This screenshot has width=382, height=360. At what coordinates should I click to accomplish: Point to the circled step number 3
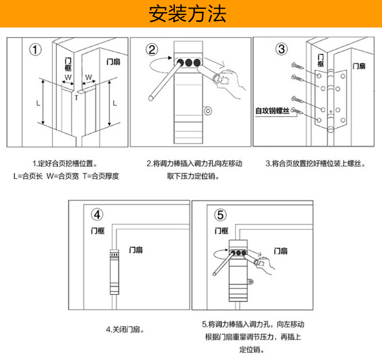pyautogui.click(x=282, y=49)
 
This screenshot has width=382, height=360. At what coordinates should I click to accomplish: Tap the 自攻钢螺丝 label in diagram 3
pyautogui.click(x=272, y=110)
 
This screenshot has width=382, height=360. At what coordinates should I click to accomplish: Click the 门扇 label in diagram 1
pyautogui.click(x=114, y=62)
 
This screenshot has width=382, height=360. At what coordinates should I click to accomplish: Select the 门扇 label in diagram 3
pyautogui.click(x=359, y=66)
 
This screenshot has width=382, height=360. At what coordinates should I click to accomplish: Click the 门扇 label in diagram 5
pyautogui.click(x=281, y=251)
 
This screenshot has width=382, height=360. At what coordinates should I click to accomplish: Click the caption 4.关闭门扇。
pyautogui.click(x=125, y=329)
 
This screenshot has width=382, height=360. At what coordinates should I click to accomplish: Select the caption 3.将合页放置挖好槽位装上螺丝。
pyautogui.click(x=316, y=164)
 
